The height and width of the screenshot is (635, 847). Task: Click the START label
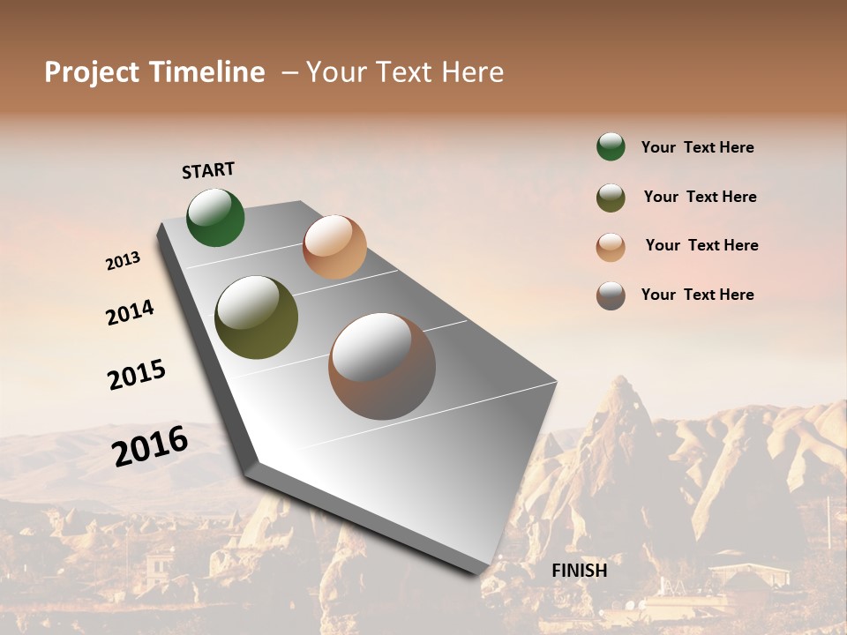[x=208, y=170]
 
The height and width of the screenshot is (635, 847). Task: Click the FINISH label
[x=579, y=571]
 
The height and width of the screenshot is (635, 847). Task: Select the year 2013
[x=123, y=261]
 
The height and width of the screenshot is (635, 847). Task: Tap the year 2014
[x=130, y=313]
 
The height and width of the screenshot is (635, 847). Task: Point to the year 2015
[x=137, y=375]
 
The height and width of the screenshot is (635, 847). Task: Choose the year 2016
[x=150, y=446]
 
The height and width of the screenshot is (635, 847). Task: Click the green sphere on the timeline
[x=215, y=218]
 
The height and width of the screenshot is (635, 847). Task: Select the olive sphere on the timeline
[x=256, y=317]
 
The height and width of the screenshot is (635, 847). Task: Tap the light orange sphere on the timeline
[x=334, y=247]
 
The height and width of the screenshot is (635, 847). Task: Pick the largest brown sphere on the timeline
[x=382, y=366]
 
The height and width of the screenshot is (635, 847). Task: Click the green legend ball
[x=611, y=146]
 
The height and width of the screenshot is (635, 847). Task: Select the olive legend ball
[x=611, y=198]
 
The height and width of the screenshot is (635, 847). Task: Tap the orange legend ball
[x=611, y=247]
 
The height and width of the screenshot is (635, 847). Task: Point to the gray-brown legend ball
[x=611, y=295]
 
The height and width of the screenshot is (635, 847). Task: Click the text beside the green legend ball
[x=697, y=148]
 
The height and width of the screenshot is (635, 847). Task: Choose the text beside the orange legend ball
[x=701, y=245]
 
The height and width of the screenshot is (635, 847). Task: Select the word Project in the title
[x=92, y=72]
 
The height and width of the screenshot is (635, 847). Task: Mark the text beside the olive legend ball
[x=700, y=197]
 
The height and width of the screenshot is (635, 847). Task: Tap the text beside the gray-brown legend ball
[x=697, y=295]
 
